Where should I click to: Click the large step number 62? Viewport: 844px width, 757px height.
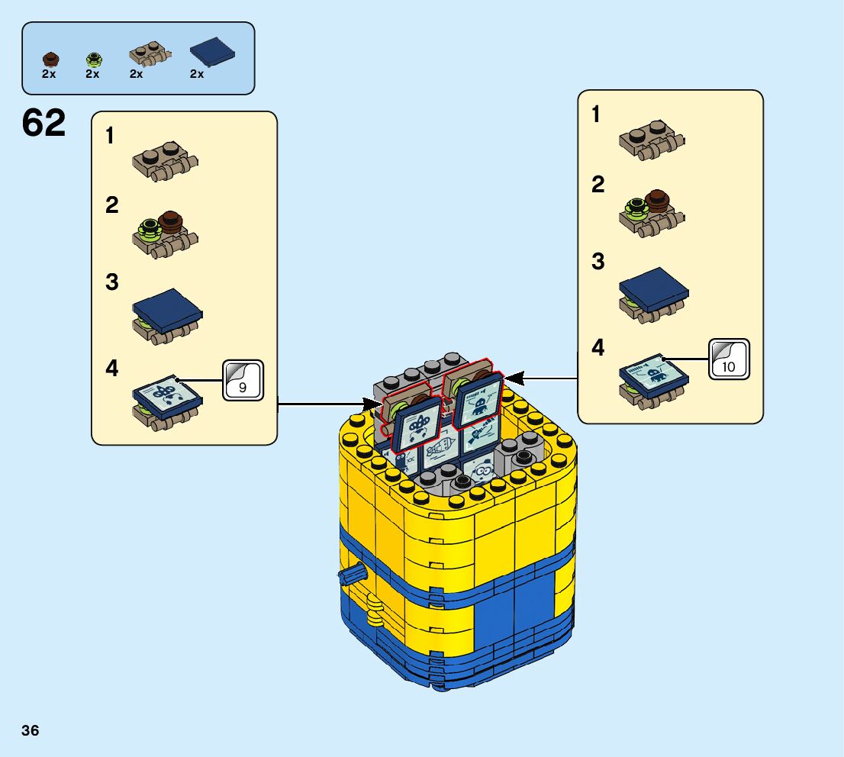(x=43, y=124)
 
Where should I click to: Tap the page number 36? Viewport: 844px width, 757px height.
(x=31, y=731)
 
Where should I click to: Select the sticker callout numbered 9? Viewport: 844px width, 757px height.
(x=243, y=380)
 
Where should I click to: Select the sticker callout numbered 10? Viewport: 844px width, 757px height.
(x=730, y=359)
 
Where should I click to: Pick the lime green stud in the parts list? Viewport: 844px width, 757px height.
(x=93, y=58)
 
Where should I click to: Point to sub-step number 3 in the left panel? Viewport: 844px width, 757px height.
(x=112, y=282)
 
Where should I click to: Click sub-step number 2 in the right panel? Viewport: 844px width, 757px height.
(x=598, y=185)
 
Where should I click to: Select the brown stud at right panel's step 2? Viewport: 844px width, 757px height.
(x=656, y=201)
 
